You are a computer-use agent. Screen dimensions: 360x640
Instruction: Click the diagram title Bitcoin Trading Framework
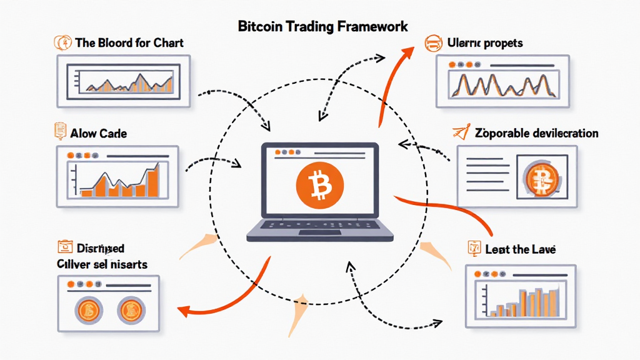323,26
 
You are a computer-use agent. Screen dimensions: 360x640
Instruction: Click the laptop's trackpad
319,233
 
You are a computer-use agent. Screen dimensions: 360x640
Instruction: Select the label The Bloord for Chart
129,44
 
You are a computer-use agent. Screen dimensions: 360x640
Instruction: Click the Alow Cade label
99,134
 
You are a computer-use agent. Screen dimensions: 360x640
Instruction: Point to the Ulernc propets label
485,44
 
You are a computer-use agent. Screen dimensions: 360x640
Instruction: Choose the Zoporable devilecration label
536,133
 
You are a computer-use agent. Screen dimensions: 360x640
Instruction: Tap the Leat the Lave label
521,249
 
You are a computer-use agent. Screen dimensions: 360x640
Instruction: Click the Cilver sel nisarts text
101,264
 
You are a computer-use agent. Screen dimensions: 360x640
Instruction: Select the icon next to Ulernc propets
432,44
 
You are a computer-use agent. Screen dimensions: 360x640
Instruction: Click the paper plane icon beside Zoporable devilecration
459,132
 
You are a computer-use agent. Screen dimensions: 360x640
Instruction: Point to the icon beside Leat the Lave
472,248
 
